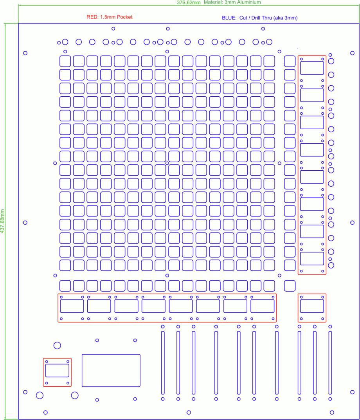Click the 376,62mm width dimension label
point(189,2)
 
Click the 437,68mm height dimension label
point(2,221)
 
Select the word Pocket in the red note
point(125,17)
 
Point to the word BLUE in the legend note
point(229,18)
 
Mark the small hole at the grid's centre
point(167,163)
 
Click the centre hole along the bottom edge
point(189,412)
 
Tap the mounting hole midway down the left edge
point(25,223)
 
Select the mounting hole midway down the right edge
point(352,223)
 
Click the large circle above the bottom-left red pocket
point(57,342)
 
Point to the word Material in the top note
point(213,2)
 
